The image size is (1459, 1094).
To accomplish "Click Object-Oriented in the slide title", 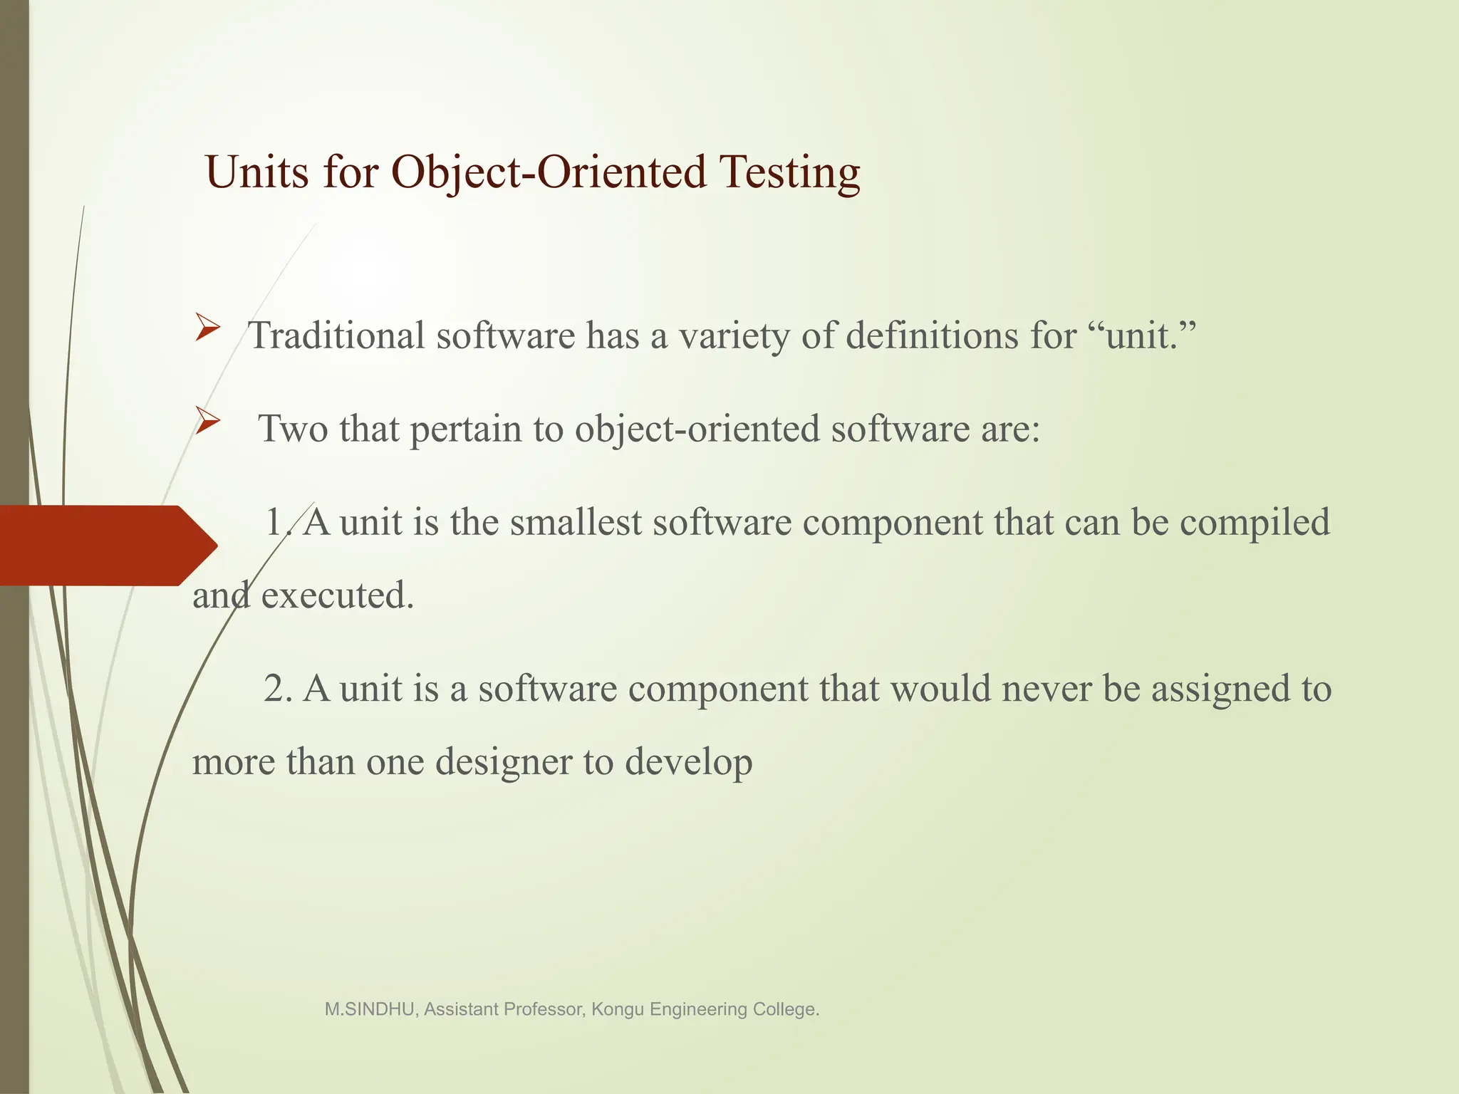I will pos(549,172).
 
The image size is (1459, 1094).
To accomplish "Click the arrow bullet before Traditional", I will pos(207,328).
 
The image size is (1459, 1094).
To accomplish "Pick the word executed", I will pos(337,595).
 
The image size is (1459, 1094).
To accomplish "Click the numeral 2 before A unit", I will pos(274,689).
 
